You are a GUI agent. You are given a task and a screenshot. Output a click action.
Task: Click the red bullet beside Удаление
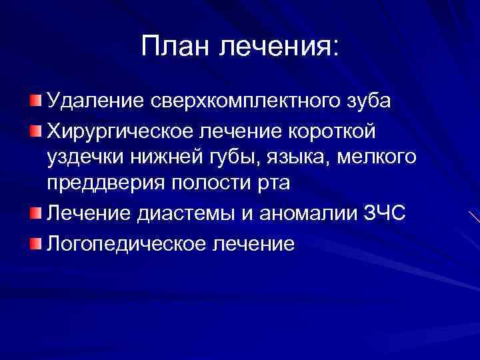coord(35,101)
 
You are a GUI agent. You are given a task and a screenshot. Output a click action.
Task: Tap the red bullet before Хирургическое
coord(35,129)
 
